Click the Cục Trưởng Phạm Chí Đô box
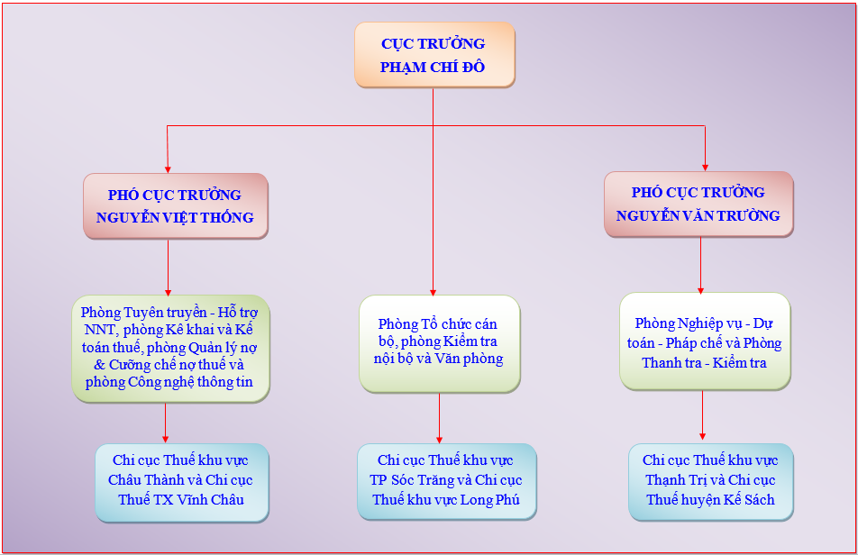(x=435, y=55)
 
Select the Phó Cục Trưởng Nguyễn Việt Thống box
(x=176, y=206)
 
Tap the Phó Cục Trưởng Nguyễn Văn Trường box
(x=698, y=204)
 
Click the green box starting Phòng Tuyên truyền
(x=170, y=349)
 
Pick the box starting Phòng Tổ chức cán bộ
(x=440, y=343)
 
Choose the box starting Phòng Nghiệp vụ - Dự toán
(x=705, y=341)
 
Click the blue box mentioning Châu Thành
(x=182, y=482)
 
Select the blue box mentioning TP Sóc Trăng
(x=446, y=481)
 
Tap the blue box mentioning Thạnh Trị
(x=711, y=482)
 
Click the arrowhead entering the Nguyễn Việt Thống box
(x=168, y=169)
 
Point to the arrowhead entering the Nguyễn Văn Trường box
(x=705, y=168)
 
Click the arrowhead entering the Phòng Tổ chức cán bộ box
(x=433, y=292)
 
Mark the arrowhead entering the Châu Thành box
(x=165, y=439)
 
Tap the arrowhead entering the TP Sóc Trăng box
(x=439, y=439)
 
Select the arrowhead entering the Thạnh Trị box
(x=703, y=436)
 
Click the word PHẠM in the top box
(x=403, y=68)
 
